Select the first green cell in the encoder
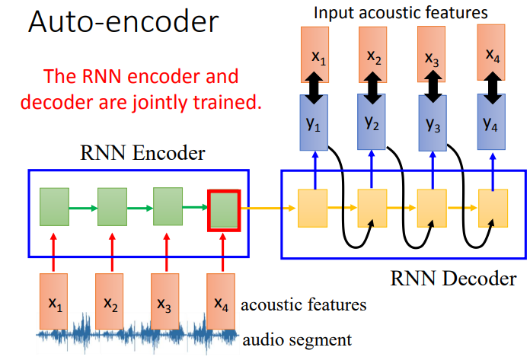(54, 207)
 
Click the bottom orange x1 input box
(54, 304)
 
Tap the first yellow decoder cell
(313, 206)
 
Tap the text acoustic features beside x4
(304, 306)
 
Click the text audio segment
(296, 339)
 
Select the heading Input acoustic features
(401, 13)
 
